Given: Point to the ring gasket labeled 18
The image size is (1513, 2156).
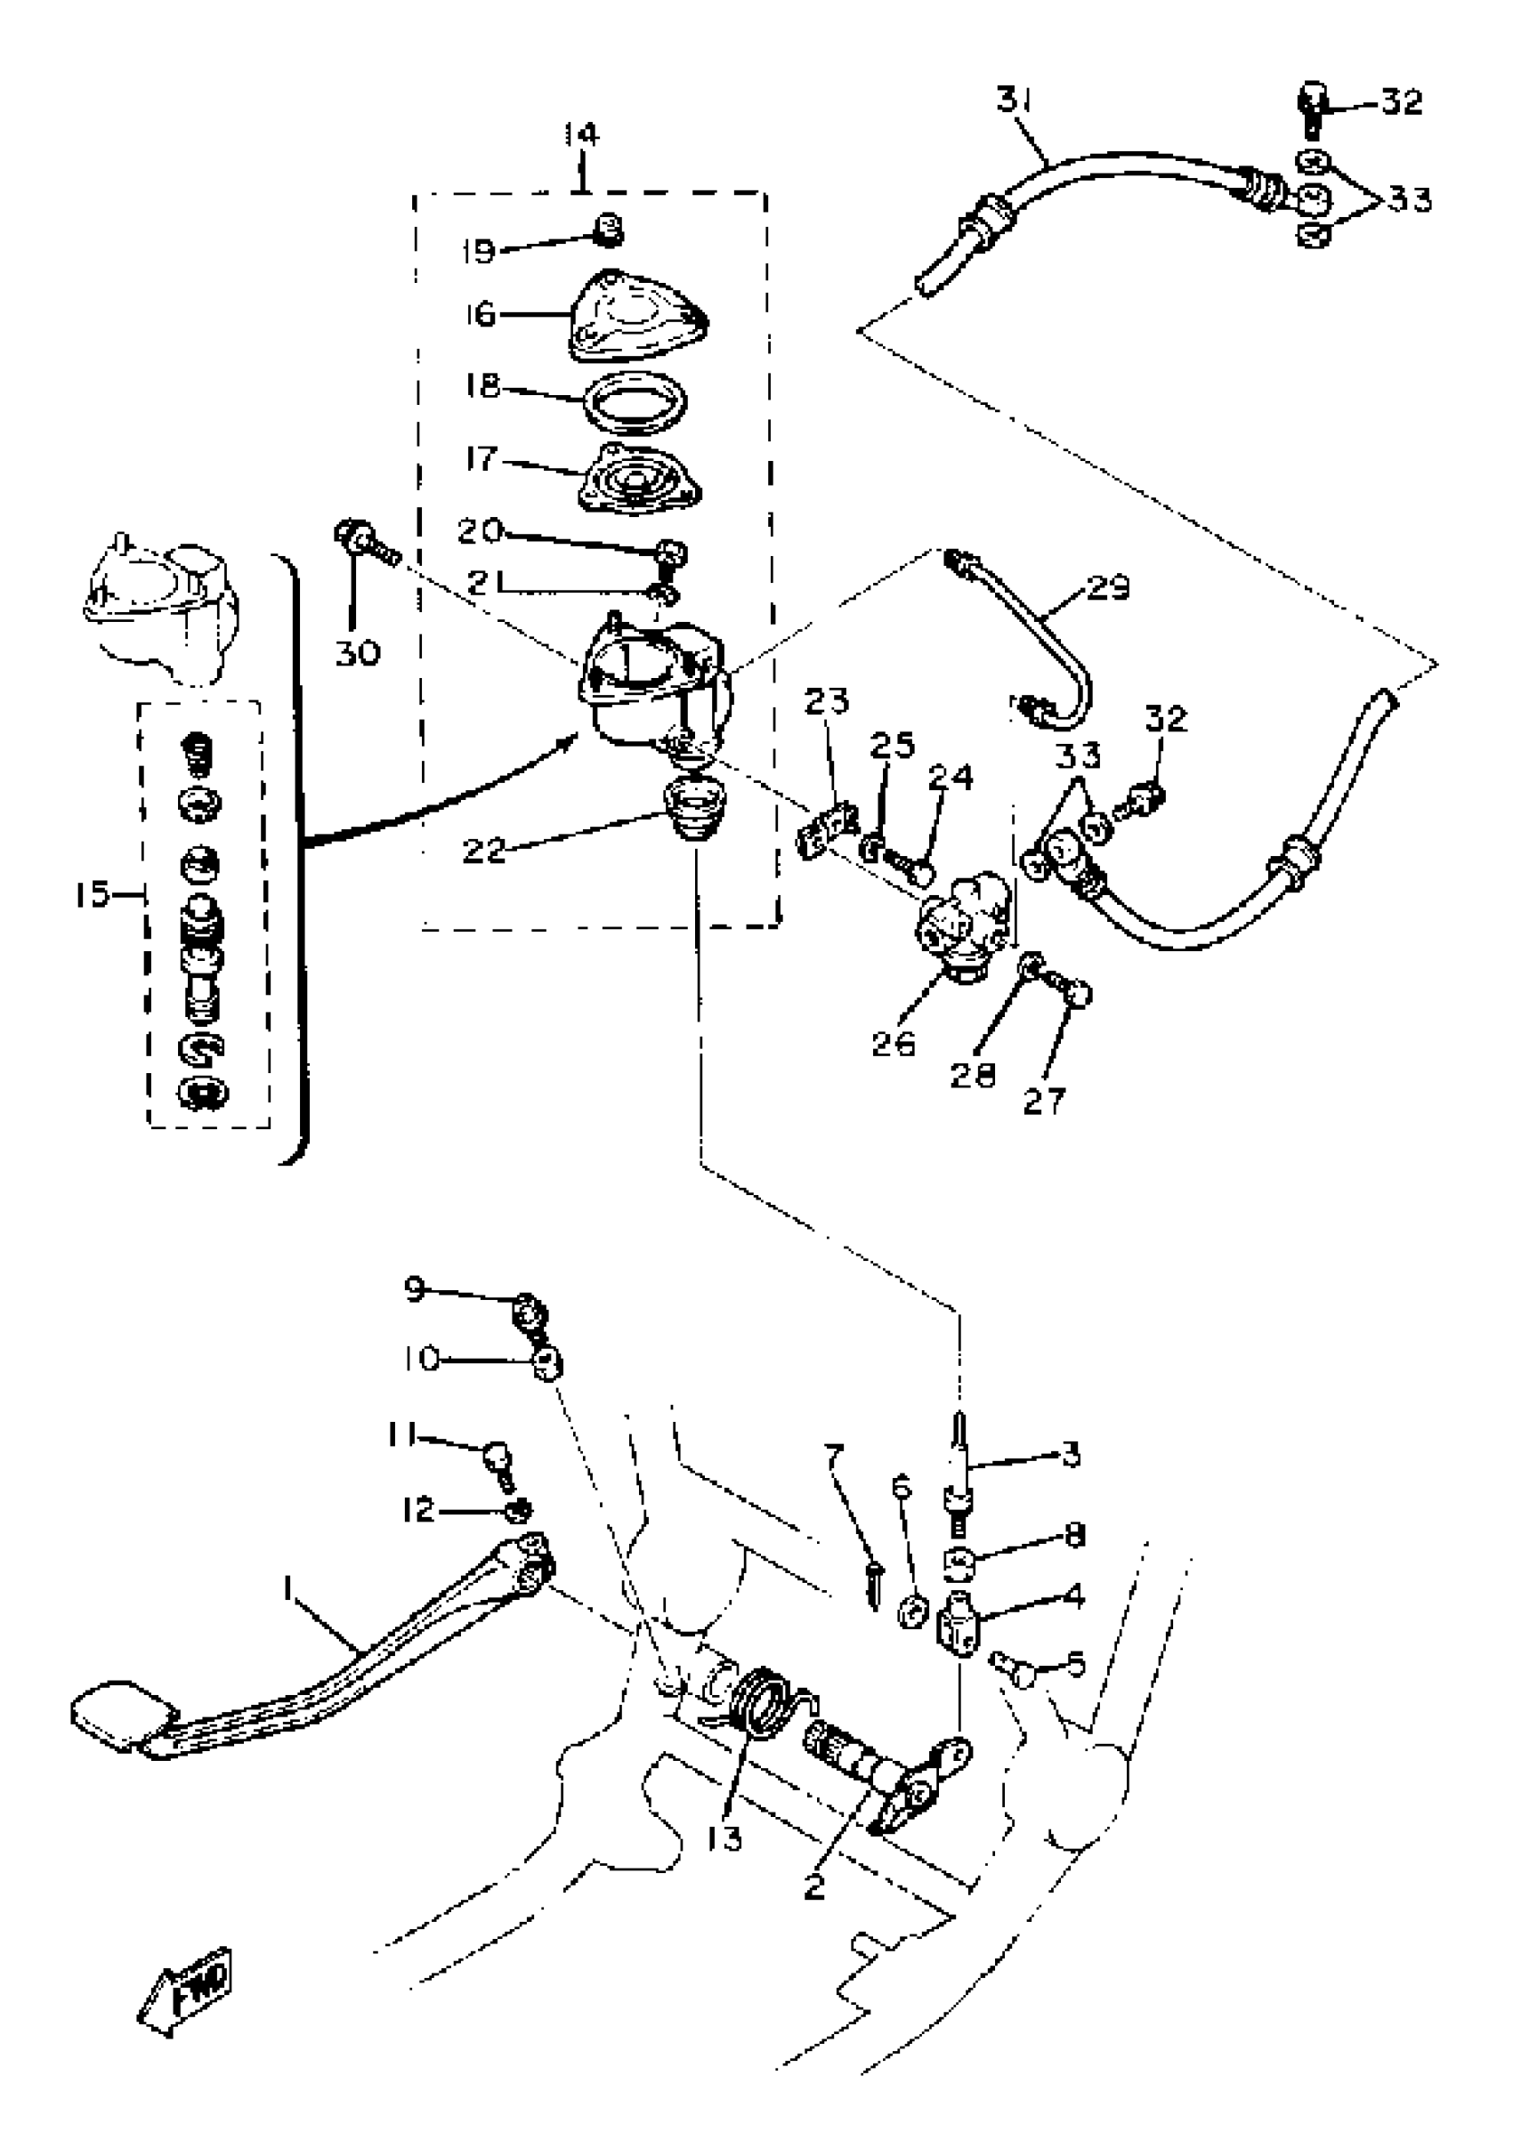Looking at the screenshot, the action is click(x=635, y=402).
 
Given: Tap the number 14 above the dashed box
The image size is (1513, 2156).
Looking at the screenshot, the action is click(x=581, y=135).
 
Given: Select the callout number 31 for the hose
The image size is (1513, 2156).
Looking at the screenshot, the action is click(x=1013, y=100).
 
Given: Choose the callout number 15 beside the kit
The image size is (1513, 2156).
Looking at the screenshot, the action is click(x=91, y=895).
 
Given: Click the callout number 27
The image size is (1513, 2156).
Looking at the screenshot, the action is click(x=1043, y=1101).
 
